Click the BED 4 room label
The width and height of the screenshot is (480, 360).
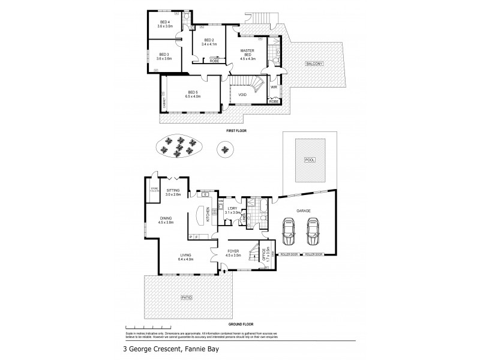(x=164, y=22)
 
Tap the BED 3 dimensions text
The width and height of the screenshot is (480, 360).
(x=164, y=59)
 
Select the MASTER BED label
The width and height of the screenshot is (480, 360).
(x=248, y=52)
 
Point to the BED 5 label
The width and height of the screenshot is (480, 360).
(x=193, y=92)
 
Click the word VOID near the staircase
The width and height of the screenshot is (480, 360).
(x=242, y=95)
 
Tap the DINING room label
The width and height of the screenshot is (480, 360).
(x=166, y=218)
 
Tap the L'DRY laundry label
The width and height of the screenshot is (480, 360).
(x=232, y=208)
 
